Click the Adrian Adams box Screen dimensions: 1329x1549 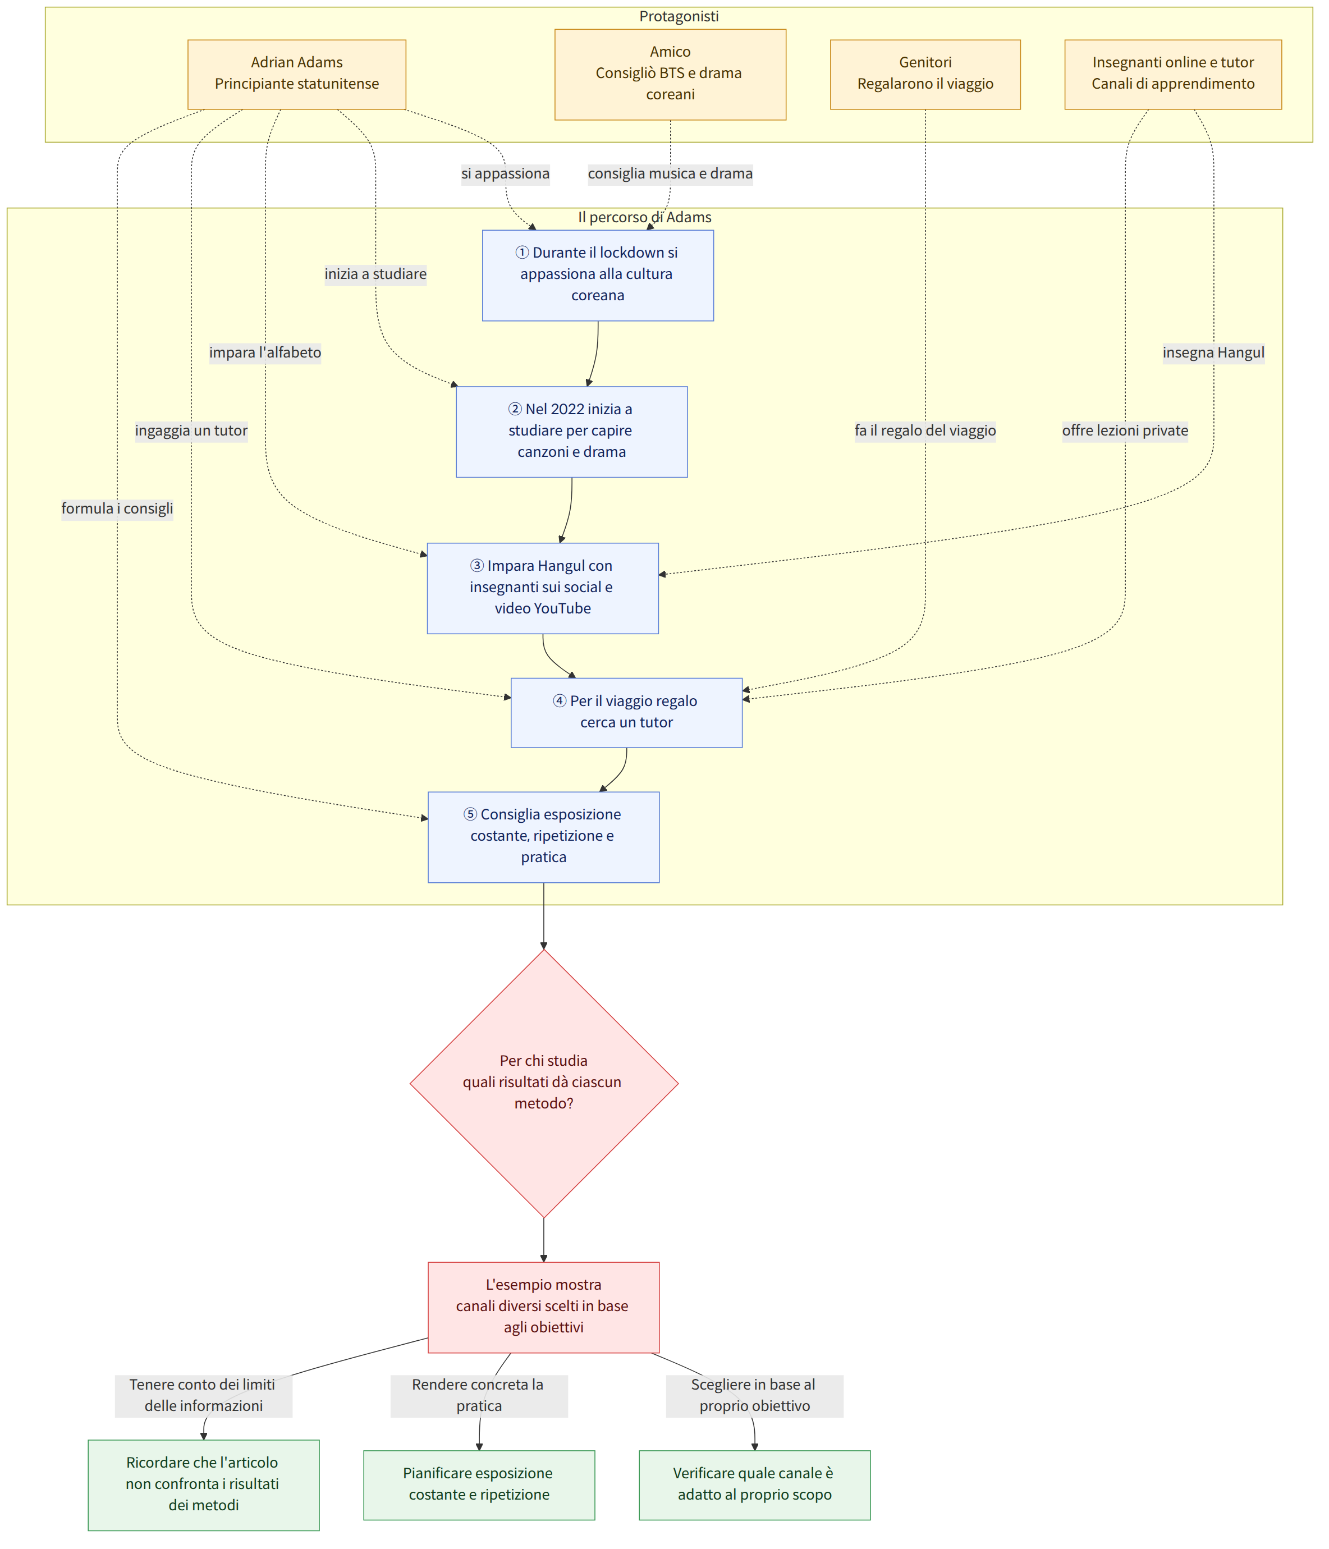[297, 74]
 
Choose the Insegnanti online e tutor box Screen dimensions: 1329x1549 [1173, 74]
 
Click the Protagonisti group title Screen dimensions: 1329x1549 [679, 16]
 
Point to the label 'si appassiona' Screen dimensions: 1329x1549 [505, 173]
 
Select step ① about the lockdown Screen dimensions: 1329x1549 [598, 275]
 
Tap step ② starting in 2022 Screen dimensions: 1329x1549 [572, 432]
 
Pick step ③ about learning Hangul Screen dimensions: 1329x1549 [543, 588]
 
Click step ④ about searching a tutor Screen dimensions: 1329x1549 [626, 712]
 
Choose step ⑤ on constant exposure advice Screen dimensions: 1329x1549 [543, 837]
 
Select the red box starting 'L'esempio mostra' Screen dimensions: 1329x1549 [543, 1307]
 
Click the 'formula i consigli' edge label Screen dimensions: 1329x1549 [117, 509]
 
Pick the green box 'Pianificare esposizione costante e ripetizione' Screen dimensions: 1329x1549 [479, 1484]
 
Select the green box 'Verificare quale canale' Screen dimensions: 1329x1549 [754, 1484]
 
